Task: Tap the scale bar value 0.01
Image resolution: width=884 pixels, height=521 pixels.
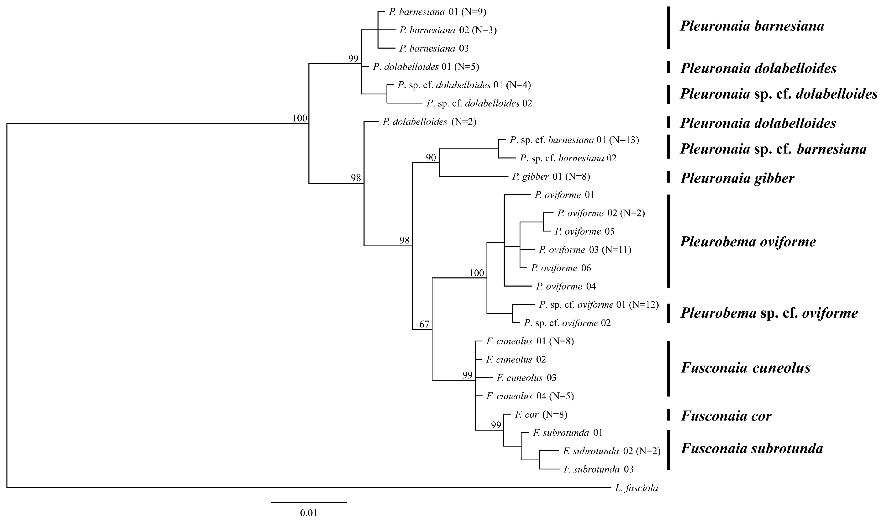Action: pyautogui.click(x=309, y=513)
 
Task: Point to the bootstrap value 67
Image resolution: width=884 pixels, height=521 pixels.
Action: pyautogui.click(x=424, y=324)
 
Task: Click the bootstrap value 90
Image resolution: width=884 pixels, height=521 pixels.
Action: pyautogui.click(x=431, y=158)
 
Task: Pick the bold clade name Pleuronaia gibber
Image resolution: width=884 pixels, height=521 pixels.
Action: pyautogui.click(x=737, y=178)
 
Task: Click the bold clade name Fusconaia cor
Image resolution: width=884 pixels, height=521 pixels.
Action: pyautogui.click(x=726, y=416)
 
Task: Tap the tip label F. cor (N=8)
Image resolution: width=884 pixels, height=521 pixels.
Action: pyautogui.click(x=541, y=415)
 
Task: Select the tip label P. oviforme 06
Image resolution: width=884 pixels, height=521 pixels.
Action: pyautogui.click(x=561, y=268)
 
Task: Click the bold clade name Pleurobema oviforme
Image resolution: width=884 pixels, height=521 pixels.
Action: pyautogui.click(x=748, y=242)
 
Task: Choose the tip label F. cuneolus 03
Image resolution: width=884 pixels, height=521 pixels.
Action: pyautogui.click(x=526, y=378)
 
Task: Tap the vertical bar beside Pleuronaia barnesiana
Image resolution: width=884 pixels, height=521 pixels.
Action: pyautogui.click(x=668, y=27)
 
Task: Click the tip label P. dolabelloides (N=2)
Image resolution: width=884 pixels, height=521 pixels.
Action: pyautogui.click(x=429, y=122)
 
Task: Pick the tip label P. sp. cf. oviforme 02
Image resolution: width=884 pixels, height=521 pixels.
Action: pyautogui.click(x=567, y=323)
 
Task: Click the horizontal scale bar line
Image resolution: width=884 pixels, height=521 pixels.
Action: pyautogui.click(x=309, y=502)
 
